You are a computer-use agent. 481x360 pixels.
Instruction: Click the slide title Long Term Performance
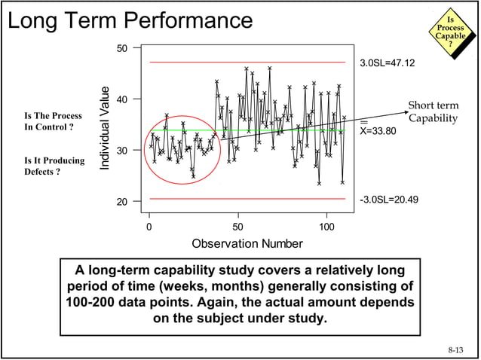(x=130, y=20)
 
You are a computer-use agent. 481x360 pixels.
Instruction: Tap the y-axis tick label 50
(x=121, y=48)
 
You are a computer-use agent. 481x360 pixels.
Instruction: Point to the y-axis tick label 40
(x=121, y=99)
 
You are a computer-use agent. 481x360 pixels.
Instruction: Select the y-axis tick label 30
(x=121, y=151)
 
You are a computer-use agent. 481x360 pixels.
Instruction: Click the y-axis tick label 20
(x=121, y=202)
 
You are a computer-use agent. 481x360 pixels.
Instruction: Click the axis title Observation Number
(x=247, y=243)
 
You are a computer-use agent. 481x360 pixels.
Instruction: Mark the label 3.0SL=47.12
(x=387, y=63)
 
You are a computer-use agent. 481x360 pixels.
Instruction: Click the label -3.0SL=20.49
(x=389, y=200)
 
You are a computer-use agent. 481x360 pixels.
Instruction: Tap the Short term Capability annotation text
(x=433, y=111)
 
